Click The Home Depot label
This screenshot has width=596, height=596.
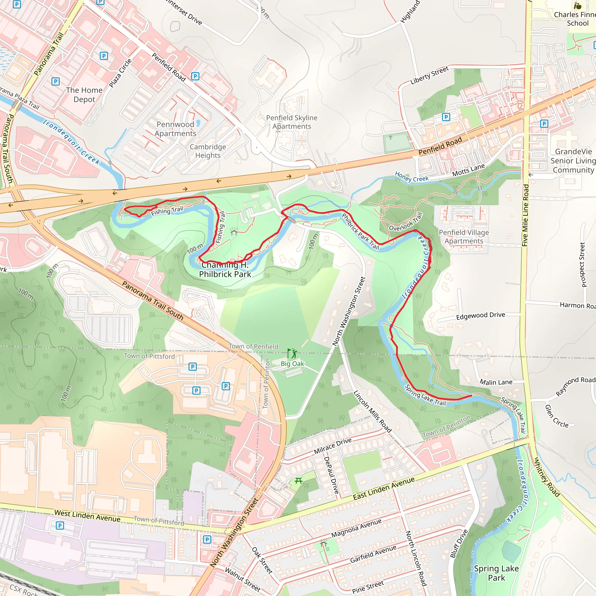[x=84, y=95]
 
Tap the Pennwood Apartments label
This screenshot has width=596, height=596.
[x=175, y=129]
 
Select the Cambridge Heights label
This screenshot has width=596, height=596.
[x=207, y=151]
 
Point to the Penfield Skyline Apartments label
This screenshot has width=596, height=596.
[x=292, y=122]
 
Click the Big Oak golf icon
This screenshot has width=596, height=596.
[x=292, y=353]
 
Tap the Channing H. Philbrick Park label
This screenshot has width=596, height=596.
[x=225, y=269]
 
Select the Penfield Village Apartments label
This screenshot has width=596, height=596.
[x=464, y=237]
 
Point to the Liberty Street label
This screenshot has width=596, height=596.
[x=429, y=76]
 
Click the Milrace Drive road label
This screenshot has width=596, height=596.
[x=333, y=446]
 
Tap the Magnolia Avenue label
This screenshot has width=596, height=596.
[x=356, y=528]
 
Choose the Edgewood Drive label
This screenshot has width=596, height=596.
[x=480, y=315]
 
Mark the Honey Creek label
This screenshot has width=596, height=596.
[x=411, y=177]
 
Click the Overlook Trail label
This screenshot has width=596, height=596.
[x=405, y=222]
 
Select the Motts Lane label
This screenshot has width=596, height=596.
[x=468, y=170]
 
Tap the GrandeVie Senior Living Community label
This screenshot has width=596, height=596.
[x=573, y=161]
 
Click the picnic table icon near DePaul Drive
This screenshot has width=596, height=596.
[x=298, y=480]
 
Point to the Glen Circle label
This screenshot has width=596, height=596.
[x=556, y=416]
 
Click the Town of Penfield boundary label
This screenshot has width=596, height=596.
[x=253, y=346]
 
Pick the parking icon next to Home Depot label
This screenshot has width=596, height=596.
[x=56, y=81]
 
